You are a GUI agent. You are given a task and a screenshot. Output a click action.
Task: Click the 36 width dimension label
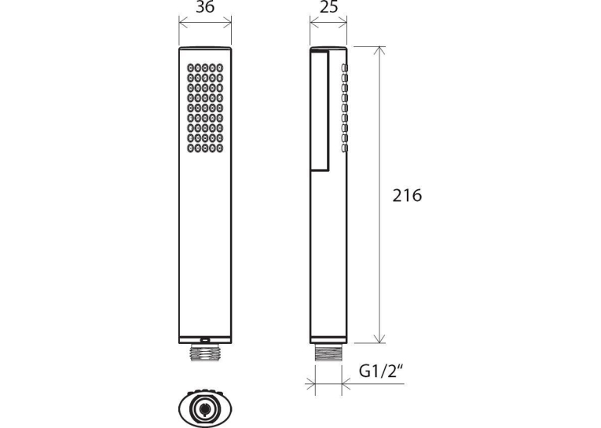(205, 8)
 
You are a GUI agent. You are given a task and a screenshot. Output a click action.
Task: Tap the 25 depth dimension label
(328, 7)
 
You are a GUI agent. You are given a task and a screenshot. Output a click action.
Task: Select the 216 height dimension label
(407, 196)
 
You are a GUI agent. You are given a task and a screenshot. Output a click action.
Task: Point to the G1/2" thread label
(381, 371)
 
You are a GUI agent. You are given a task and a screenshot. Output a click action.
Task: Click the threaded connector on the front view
(205, 353)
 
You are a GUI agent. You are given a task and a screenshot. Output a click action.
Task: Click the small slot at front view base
(205, 339)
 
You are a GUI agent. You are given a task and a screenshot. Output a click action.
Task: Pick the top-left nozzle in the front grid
(191, 68)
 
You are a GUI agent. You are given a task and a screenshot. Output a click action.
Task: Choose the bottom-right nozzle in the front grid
(220, 148)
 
